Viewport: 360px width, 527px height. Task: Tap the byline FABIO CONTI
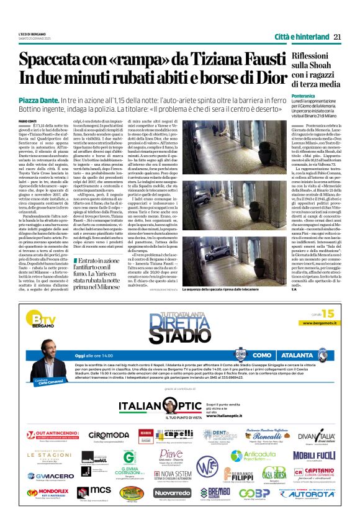[28, 120]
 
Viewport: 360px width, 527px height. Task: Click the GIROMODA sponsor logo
[109, 435]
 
